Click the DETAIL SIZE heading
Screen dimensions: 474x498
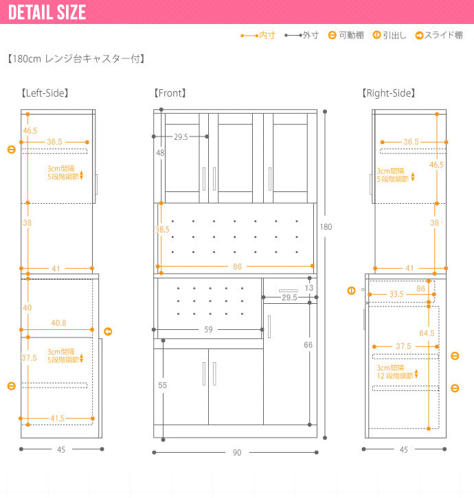(47, 12)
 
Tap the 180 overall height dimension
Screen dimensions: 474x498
(326, 227)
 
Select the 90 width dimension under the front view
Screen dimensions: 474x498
(237, 453)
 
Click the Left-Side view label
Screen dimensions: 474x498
(45, 93)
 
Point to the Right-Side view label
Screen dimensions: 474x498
(388, 93)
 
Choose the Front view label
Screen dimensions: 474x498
(170, 93)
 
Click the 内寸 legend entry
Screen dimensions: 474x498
(258, 35)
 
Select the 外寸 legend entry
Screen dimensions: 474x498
(302, 35)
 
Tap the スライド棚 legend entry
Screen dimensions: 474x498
(439, 35)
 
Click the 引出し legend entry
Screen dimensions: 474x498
(390, 35)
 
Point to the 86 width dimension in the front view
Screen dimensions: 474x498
(237, 266)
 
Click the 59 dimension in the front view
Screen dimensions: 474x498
(208, 329)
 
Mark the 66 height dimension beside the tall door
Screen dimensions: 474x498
(308, 344)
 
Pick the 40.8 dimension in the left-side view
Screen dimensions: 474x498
(58, 323)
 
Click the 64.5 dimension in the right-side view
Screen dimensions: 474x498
(427, 333)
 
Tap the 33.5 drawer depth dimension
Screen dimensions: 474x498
(396, 294)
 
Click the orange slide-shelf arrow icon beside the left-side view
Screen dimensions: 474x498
(108, 331)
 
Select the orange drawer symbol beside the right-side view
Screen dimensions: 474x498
(351, 291)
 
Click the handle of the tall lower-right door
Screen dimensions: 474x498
(269, 327)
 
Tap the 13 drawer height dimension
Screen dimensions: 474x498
(308, 287)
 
